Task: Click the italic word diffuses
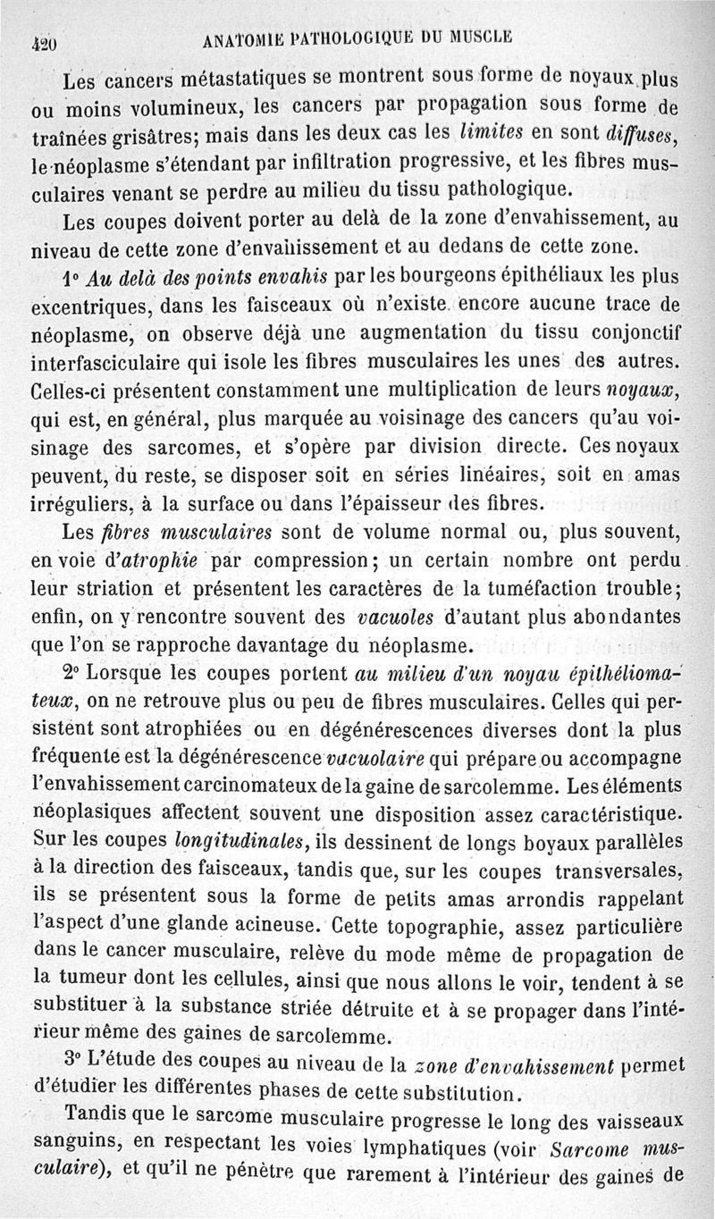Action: pyautogui.click(x=640, y=134)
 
